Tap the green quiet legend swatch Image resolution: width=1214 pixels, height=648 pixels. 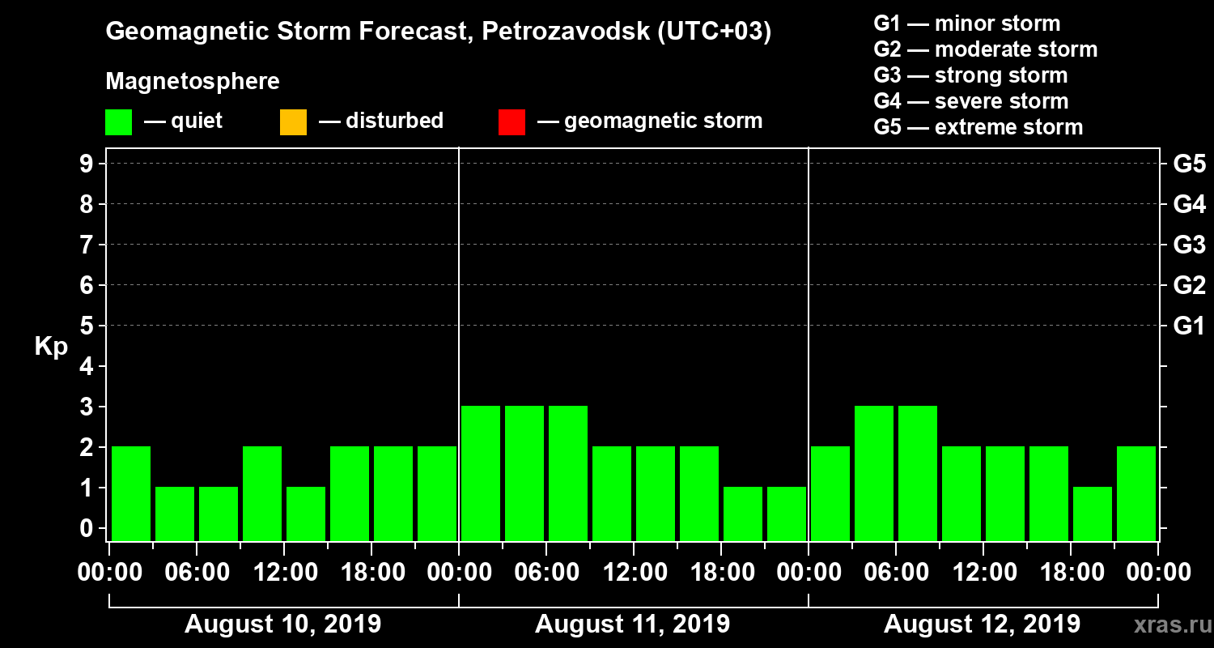point(118,122)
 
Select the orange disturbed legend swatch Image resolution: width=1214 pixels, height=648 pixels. point(293,122)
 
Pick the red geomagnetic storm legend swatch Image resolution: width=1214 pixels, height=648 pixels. point(511,122)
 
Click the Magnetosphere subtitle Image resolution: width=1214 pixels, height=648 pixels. point(193,82)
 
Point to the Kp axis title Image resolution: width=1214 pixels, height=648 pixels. point(51,347)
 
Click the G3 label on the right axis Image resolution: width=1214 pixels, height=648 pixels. point(1189,245)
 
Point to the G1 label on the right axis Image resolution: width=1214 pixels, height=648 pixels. point(1189,326)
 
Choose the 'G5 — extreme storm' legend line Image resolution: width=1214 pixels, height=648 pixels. point(978,127)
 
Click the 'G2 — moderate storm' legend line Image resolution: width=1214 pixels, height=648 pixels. point(985,49)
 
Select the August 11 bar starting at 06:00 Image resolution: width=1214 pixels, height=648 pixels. point(568,472)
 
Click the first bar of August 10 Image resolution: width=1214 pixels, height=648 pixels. point(131,492)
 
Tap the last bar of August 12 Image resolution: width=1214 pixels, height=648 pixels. point(1136,492)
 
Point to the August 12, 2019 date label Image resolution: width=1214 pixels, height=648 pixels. point(982,625)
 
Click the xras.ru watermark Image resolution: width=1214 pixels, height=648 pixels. point(1166,625)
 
